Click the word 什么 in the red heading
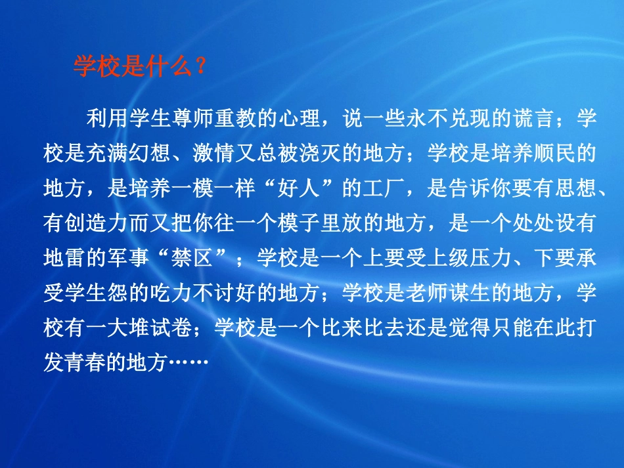point(168,67)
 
